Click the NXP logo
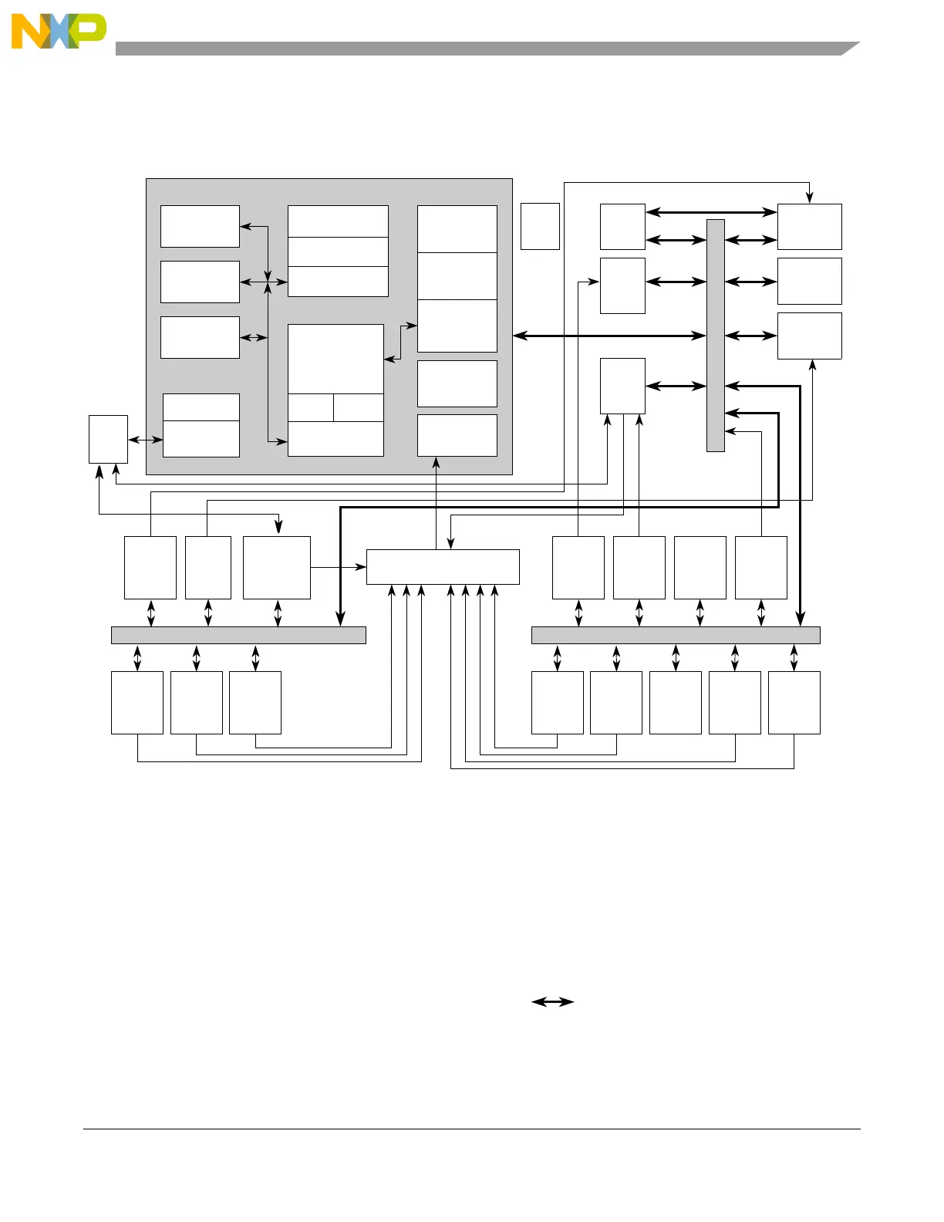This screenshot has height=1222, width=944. point(59,31)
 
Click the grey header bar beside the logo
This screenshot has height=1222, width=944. point(478,49)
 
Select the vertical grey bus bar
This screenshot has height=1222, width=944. point(715,335)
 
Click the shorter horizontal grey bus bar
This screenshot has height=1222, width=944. point(238,635)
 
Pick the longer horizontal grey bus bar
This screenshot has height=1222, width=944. point(676,635)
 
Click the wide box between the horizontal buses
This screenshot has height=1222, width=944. point(443,567)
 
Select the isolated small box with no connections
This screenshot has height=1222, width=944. point(540,226)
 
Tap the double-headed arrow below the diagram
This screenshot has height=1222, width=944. point(553,1001)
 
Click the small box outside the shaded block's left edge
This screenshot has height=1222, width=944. point(108,439)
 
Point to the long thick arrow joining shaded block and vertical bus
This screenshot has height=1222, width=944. point(609,336)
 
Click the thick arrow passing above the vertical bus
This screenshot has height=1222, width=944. point(711,212)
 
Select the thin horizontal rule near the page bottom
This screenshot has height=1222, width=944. point(471,1129)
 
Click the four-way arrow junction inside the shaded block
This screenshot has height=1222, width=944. point(268,282)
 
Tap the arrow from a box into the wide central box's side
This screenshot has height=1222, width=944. point(339,567)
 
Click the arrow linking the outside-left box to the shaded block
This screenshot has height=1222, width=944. point(145,440)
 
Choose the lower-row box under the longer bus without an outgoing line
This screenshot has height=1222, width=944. point(676,702)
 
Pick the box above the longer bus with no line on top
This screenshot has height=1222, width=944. point(700,567)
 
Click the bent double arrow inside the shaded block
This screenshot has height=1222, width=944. point(401,342)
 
